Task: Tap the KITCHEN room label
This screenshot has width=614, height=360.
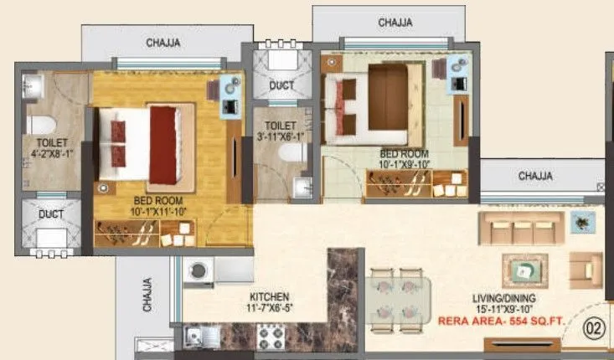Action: [x=269, y=297]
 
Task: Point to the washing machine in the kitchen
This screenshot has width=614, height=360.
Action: [x=199, y=271]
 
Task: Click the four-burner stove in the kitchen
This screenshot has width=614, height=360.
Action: [x=272, y=338]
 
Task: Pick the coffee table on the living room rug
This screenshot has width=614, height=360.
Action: [x=524, y=270]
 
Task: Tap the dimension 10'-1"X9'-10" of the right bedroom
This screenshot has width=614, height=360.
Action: [x=404, y=164]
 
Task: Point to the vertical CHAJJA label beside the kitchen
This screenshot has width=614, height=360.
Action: [x=148, y=295]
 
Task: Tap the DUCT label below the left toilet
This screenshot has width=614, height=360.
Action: [x=50, y=214]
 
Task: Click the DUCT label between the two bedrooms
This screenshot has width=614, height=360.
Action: [x=281, y=85]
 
